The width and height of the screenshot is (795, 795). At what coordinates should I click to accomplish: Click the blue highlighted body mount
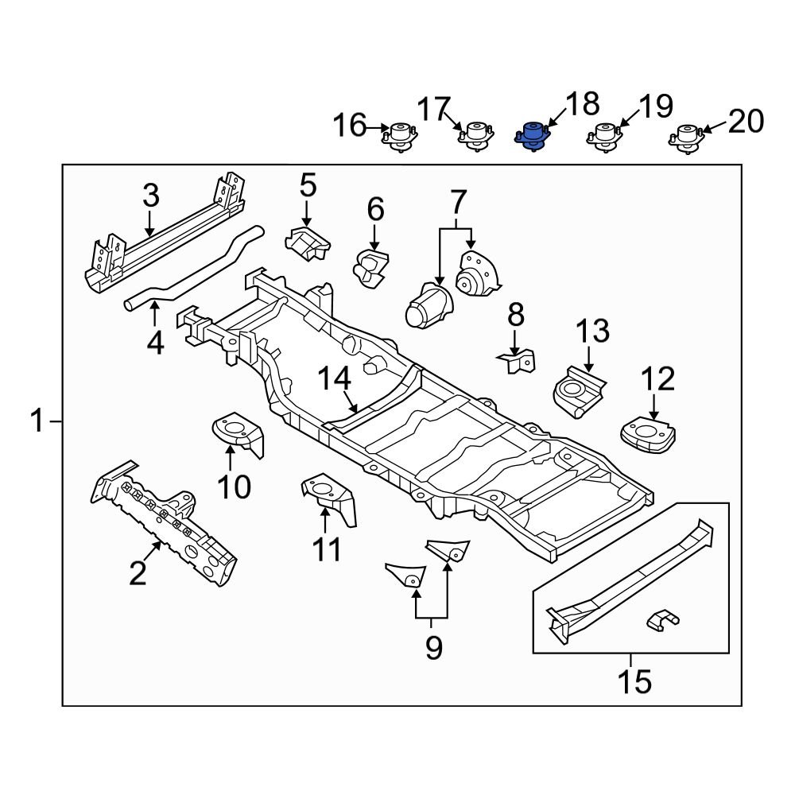(531, 136)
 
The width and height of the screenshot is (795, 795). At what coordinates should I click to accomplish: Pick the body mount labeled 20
(686, 137)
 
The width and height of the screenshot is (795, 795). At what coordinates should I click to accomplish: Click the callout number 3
(151, 196)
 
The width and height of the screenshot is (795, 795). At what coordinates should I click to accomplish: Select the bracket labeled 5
(307, 242)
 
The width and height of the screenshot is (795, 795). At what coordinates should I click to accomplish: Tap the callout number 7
(456, 204)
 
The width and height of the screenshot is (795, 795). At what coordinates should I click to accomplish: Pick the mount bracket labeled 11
(328, 498)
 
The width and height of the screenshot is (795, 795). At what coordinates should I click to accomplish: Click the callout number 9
(432, 648)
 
